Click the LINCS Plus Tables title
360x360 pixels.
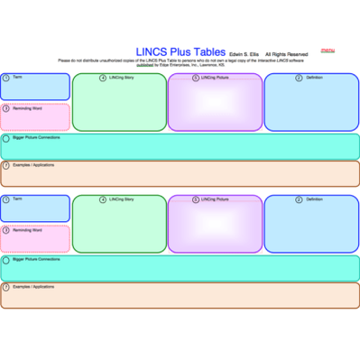click(x=180, y=52)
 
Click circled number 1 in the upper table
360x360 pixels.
click(x=6, y=78)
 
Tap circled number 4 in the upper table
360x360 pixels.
click(x=102, y=78)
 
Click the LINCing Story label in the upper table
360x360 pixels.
click(x=121, y=78)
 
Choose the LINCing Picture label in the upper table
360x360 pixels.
click(x=215, y=78)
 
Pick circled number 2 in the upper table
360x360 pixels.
click(x=298, y=78)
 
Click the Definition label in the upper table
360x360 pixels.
click(x=314, y=78)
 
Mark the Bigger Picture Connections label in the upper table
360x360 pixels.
click(x=36, y=138)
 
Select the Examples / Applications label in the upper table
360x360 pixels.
click(x=32, y=165)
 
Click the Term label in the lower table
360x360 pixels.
click(x=16, y=198)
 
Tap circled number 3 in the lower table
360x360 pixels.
click(x=6, y=229)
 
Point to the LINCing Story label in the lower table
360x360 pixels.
click(x=121, y=198)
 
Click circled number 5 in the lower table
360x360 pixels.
click(x=196, y=199)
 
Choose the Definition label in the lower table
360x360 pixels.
click(x=314, y=198)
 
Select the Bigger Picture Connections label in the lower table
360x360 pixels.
click(x=36, y=259)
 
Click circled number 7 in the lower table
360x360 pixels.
click(x=6, y=287)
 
